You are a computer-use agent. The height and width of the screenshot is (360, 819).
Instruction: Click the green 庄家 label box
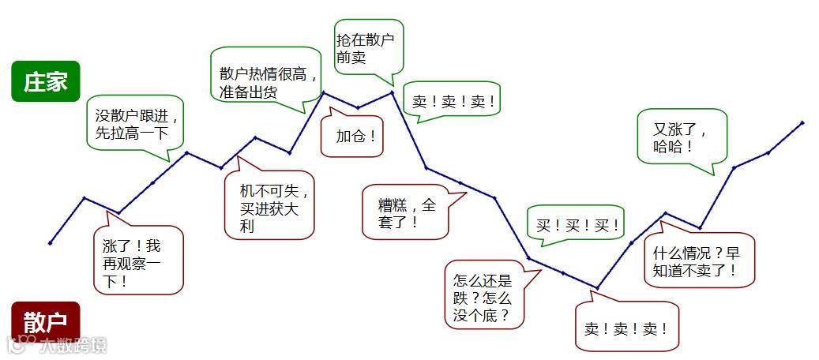point(46,81)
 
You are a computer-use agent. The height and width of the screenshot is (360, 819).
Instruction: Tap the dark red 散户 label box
point(46,321)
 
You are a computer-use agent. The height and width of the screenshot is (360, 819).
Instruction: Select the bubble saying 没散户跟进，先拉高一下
point(133,123)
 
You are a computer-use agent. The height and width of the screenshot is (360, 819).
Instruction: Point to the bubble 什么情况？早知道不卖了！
point(699,261)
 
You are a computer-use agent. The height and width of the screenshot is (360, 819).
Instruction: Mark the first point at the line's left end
point(50,242)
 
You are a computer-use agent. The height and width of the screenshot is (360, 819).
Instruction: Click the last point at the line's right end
point(802,122)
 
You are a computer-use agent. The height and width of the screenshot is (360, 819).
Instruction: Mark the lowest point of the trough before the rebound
point(597,287)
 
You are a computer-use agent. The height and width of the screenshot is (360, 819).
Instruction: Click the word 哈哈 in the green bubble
point(673,147)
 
